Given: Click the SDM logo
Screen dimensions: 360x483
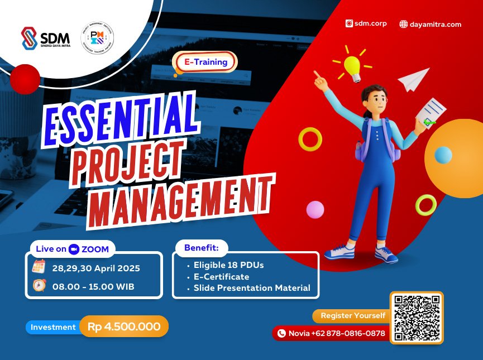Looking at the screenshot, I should (x=45, y=39).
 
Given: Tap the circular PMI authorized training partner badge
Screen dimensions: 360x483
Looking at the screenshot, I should (x=97, y=39).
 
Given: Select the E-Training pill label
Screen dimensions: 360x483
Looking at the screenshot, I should (x=205, y=62).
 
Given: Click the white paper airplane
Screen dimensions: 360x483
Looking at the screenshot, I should (x=414, y=80).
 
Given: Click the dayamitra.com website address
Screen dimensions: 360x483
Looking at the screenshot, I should (x=431, y=24).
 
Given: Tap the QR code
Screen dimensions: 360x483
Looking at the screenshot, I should (x=417, y=318).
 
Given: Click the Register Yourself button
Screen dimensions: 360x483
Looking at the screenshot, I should (x=352, y=316).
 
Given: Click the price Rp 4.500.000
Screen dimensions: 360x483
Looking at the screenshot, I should (x=124, y=327).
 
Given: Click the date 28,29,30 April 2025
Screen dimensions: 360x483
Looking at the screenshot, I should (x=96, y=268).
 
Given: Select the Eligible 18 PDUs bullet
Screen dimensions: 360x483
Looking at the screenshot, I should (x=228, y=265).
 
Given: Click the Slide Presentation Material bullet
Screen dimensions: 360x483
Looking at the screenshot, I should (x=251, y=288).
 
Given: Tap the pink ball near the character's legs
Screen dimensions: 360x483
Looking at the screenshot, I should (x=315, y=210).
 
